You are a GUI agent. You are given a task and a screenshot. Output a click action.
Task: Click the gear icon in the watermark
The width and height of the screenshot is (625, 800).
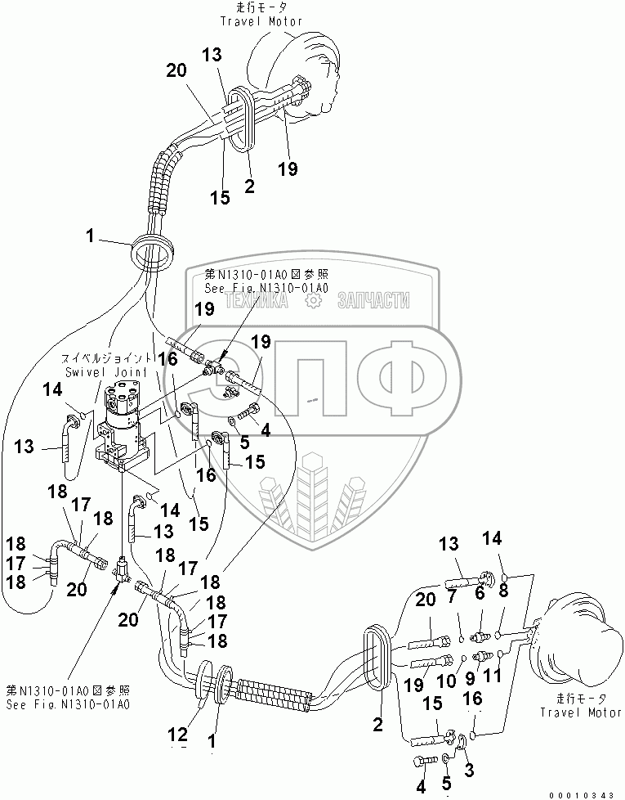pos(311,302)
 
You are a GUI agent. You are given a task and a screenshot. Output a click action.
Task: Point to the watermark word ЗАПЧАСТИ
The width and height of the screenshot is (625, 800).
pos(373,302)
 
